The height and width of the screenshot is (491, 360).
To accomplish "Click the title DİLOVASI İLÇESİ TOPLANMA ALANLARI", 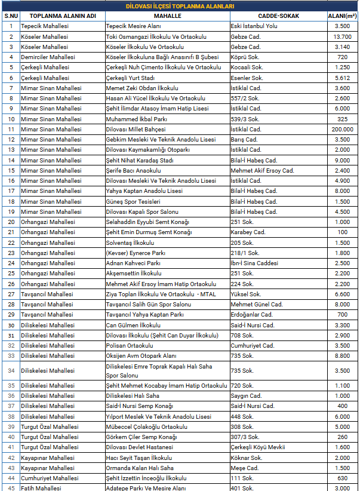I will click(180, 6).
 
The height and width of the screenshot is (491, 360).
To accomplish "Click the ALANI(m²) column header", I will click(342, 16).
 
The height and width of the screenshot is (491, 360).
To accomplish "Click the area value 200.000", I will click(342, 129).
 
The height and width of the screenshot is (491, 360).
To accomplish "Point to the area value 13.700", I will click(342, 36).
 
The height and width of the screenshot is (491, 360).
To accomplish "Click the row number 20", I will click(11, 222).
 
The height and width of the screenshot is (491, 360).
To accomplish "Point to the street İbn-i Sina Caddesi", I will click(254, 263).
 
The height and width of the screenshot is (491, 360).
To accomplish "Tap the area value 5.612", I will click(342, 78).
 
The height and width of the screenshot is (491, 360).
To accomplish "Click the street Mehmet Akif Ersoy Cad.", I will click(262, 170).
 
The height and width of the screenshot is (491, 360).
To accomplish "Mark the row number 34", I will click(11, 370).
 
